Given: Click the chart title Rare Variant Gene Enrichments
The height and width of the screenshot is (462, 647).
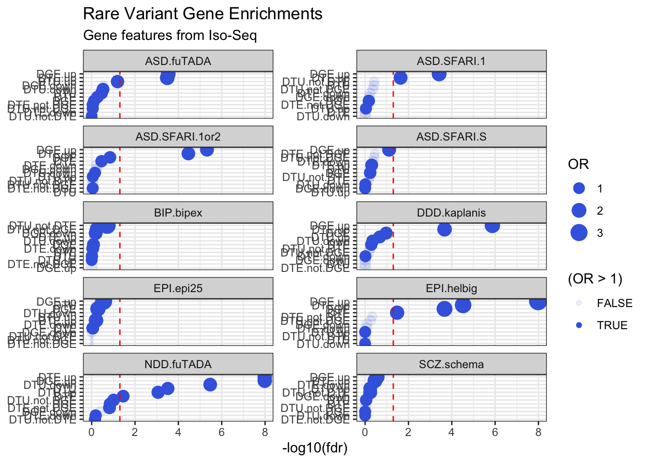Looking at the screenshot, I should point(203,14).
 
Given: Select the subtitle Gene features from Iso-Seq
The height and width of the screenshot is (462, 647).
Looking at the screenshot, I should point(170,36).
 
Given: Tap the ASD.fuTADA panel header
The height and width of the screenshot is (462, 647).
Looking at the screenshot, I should point(178,61).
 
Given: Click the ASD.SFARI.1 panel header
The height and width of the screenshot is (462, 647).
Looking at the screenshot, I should point(451,61).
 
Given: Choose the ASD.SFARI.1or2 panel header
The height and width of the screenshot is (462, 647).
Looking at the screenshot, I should point(178,137).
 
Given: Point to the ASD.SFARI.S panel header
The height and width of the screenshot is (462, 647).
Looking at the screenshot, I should point(451,137).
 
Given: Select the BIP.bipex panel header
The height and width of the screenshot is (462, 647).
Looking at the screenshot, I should point(178,213).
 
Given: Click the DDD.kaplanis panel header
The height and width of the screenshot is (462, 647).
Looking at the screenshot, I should point(451,213).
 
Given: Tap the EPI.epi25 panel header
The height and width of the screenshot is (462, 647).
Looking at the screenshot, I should point(178,288).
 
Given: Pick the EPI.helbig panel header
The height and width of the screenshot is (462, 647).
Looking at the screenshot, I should point(451,288).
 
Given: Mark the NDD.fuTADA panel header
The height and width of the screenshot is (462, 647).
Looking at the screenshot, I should point(178,364).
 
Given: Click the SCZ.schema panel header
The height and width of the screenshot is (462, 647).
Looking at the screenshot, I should point(451,364).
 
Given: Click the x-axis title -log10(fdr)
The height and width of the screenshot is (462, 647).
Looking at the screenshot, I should point(314,448).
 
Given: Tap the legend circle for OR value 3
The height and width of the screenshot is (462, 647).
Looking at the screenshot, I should point(579,233).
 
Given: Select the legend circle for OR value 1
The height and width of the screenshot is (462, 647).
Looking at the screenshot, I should point(579,189).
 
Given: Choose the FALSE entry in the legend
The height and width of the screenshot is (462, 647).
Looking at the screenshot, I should point(614,303).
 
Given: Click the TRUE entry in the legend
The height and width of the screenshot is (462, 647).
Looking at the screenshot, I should point(612,325).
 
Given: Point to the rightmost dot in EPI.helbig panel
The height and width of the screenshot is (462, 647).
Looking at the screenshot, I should point(538,301).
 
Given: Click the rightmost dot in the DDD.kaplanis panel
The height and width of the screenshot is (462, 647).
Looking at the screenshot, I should point(492,225).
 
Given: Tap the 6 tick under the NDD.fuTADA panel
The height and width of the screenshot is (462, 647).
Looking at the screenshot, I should point(221,432).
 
